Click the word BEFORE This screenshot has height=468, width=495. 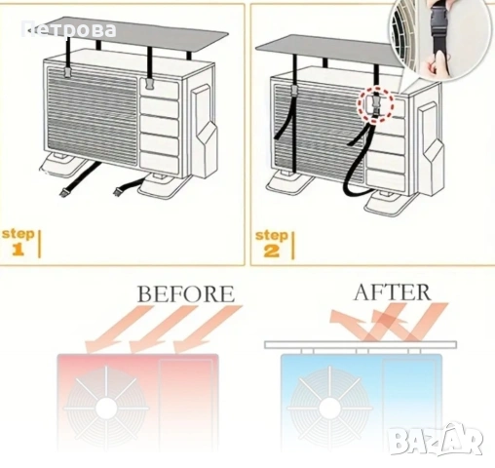click(186, 293)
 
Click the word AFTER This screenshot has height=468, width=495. click(393, 292)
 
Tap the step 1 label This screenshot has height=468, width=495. click(19, 243)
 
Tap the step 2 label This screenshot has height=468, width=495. click(272, 244)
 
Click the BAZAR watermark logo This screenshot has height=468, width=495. click(436, 440)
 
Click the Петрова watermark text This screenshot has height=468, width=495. click(69, 29)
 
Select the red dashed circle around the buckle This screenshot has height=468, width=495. click(375, 104)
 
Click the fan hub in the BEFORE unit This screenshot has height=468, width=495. click(106, 407)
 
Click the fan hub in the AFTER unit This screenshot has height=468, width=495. click(329, 408)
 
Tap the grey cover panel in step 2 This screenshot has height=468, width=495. click(328, 52)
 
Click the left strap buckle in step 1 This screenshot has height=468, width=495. click(67, 73)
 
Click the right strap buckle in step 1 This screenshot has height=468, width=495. click(150, 85)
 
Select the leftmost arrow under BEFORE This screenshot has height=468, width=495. click(118, 329)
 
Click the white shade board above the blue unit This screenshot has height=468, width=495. click(361, 344)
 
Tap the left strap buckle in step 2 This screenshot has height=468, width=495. click(293, 90)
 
